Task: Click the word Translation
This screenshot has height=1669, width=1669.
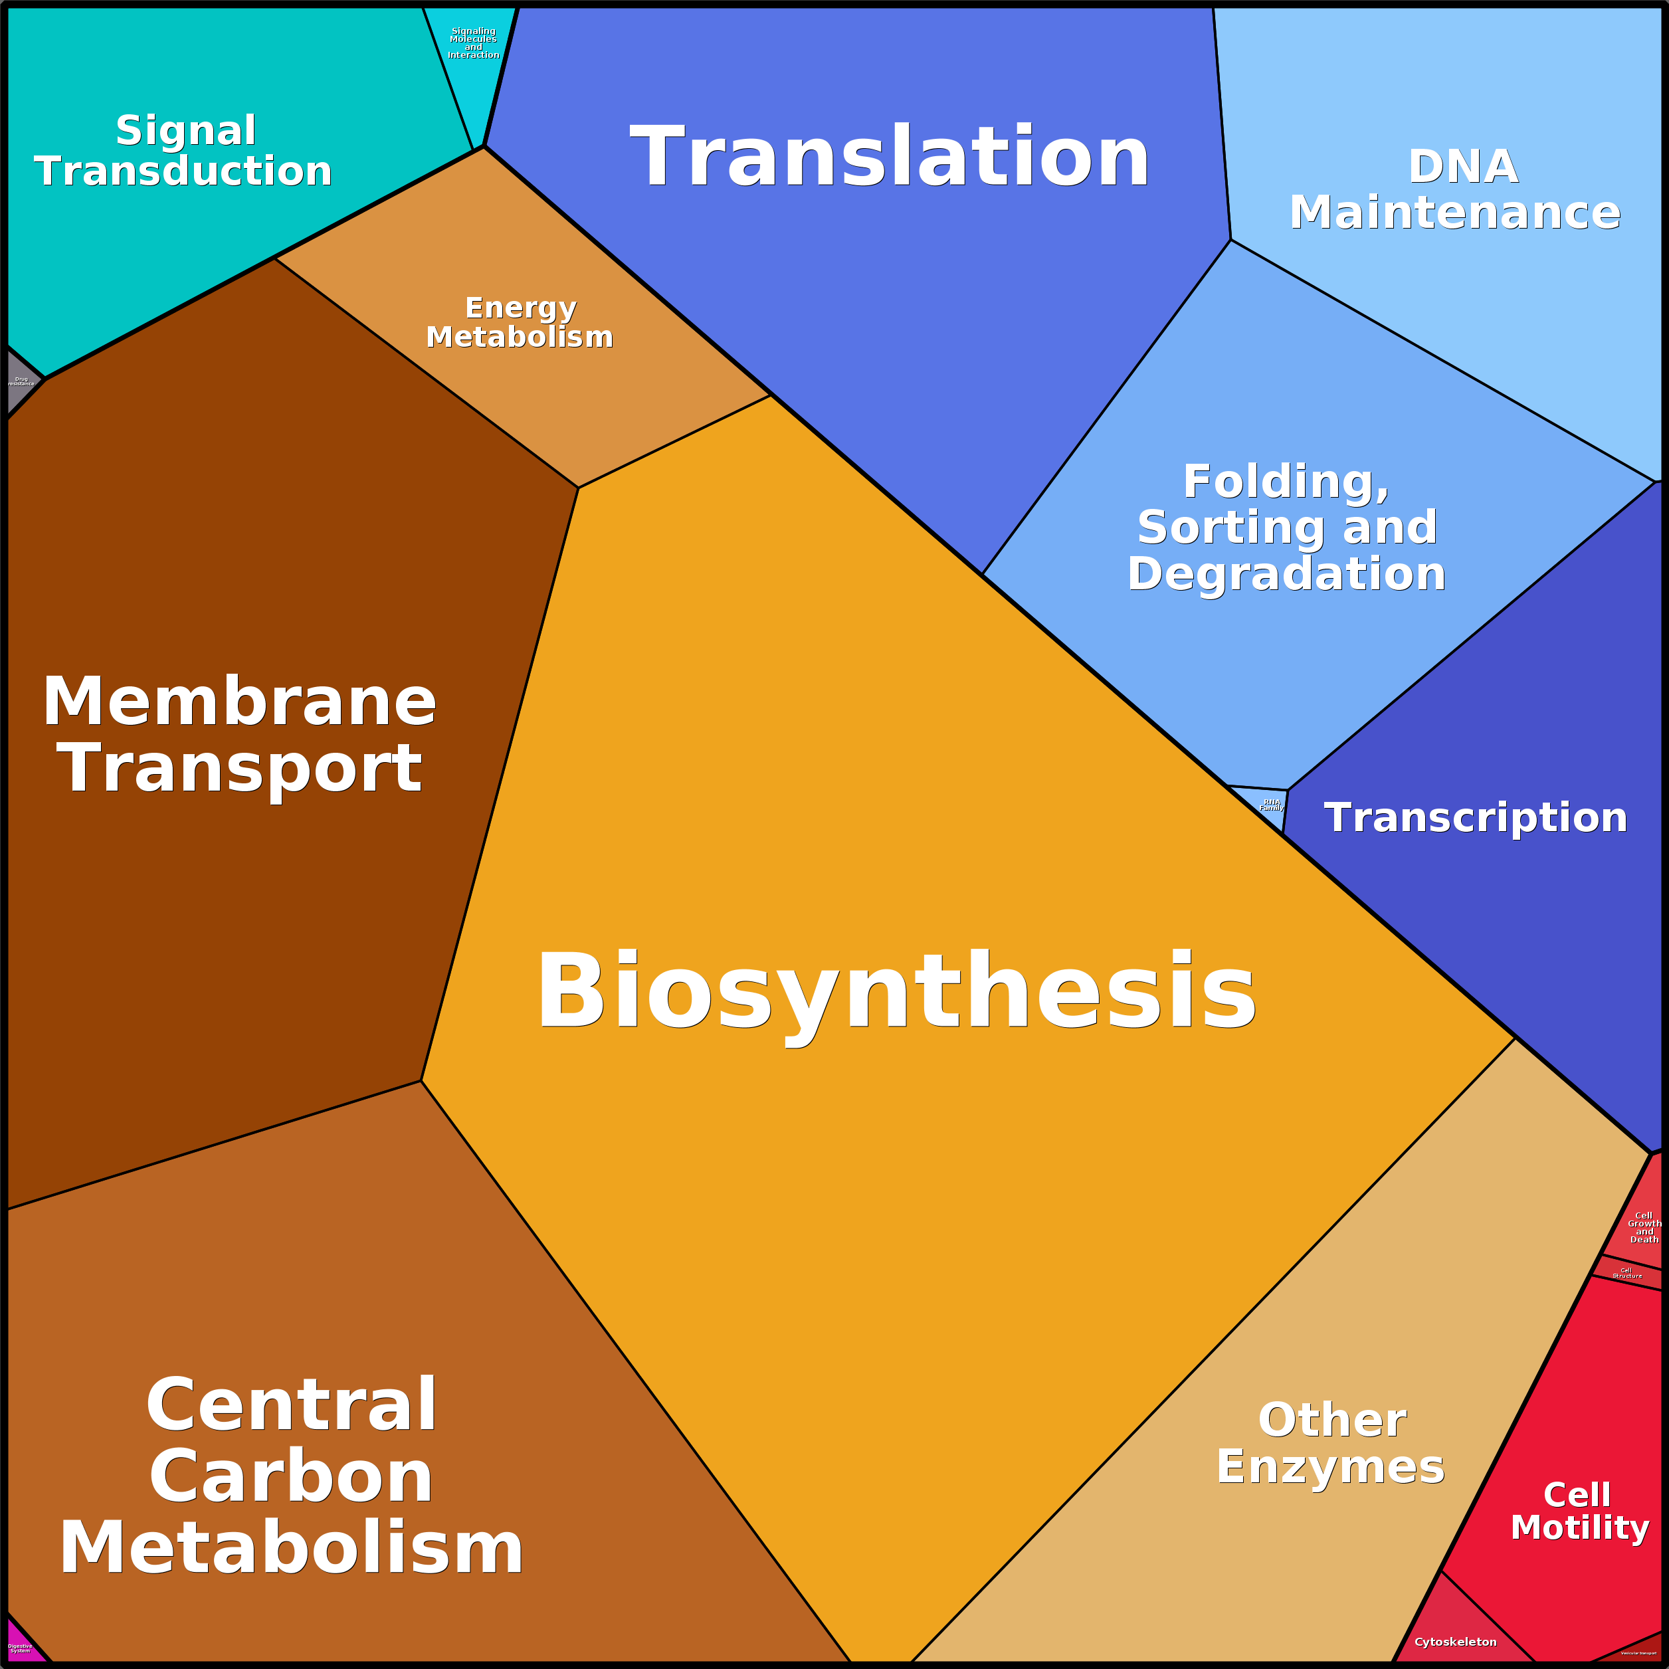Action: tap(890, 157)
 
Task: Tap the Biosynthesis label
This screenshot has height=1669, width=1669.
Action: tap(896, 992)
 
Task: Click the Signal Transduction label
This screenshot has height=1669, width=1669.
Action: tap(184, 151)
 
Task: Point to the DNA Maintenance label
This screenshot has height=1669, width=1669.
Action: tap(1455, 190)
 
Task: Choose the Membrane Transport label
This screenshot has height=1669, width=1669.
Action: tap(239, 735)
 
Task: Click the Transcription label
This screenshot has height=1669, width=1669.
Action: tap(1476, 818)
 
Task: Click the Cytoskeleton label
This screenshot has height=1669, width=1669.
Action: tap(1455, 1641)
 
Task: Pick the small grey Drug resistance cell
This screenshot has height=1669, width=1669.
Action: tap(20, 381)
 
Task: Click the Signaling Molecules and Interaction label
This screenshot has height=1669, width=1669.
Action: tap(474, 43)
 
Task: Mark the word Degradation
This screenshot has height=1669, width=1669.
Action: tap(1286, 573)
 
